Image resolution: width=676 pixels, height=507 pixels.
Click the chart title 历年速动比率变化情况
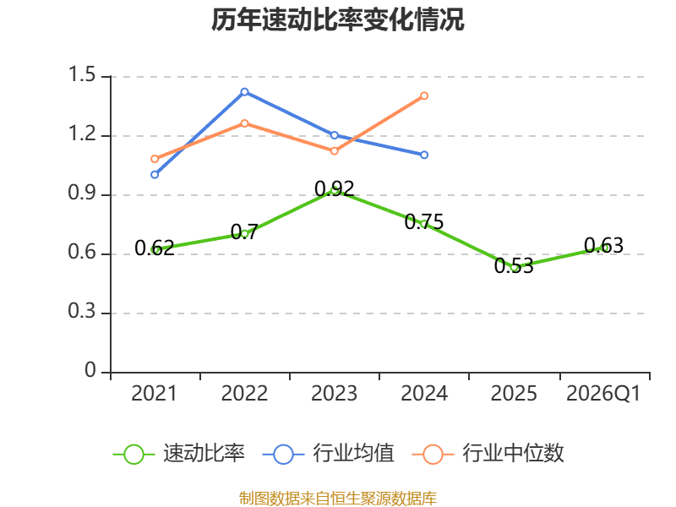click(x=337, y=19)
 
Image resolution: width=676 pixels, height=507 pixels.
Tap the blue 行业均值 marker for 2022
click(x=244, y=92)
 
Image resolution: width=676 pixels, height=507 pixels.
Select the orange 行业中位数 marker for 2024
click(x=424, y=95)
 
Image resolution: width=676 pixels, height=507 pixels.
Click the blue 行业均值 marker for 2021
click(x=155, y=175)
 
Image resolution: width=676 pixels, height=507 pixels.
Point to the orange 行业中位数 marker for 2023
click(x=335, y=151)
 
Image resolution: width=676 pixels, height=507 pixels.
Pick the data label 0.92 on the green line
click(x=335, y=188)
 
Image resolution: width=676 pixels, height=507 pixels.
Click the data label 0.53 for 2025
click(x=514, y=266)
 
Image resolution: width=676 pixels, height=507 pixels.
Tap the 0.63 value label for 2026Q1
click(x=603, y=246)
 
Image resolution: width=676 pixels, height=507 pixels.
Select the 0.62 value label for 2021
click(x=155, y=248)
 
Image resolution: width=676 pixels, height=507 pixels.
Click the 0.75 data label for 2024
click(x=424, y=222)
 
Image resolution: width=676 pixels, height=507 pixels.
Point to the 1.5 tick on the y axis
click(x=82, y=74)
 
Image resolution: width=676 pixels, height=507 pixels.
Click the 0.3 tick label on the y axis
click(x=82, y=311)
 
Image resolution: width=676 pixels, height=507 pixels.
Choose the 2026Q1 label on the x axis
click(x=603, y=393)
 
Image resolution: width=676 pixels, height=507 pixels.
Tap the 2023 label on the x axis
click(x=335, y=393)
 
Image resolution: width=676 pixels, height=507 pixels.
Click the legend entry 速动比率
click(x=179, y=454)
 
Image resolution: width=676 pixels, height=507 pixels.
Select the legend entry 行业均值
click(x=329, y=454)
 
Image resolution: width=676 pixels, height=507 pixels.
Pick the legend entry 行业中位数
click(x=488, y=454)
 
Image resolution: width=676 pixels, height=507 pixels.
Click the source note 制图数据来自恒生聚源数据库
click(x=338, y=499)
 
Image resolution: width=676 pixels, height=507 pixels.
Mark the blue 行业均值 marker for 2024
click(x=424, y=155)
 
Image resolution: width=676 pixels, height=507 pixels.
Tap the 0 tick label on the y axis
click(x=90, y=370)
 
